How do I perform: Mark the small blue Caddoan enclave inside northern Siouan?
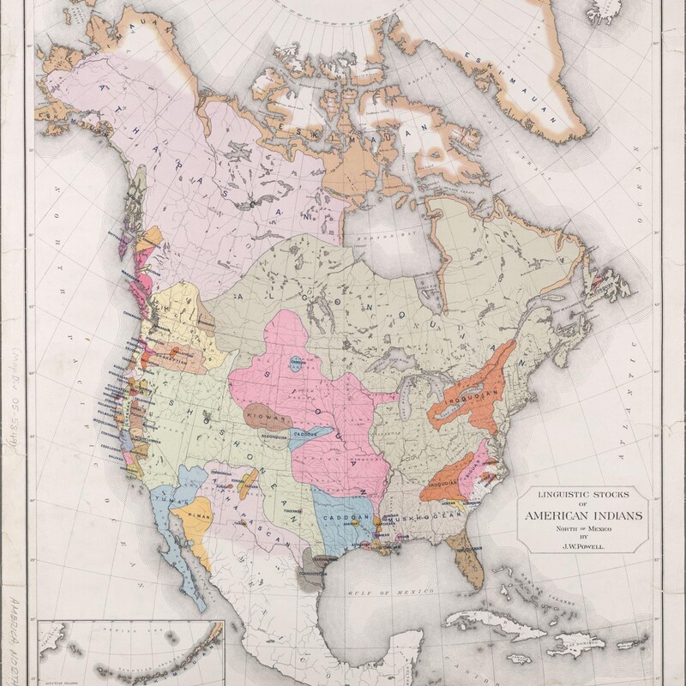pyautogui.click(x=297, y=361)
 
